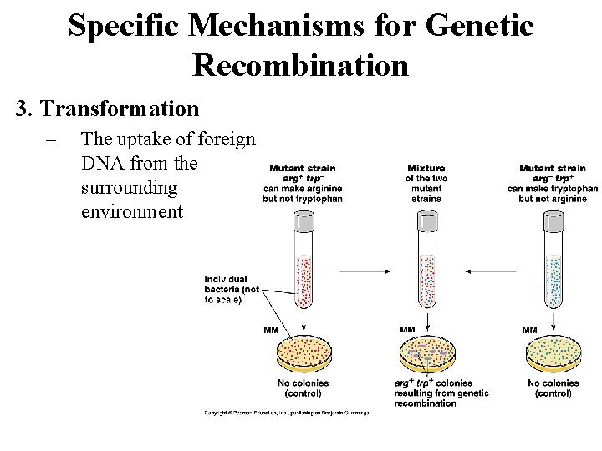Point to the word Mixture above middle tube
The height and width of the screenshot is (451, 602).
426,168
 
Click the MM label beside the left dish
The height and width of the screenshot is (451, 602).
271,330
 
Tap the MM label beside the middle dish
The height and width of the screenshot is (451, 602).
407,330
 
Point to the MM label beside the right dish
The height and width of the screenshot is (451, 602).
529,330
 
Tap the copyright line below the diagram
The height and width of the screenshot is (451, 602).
284,412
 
